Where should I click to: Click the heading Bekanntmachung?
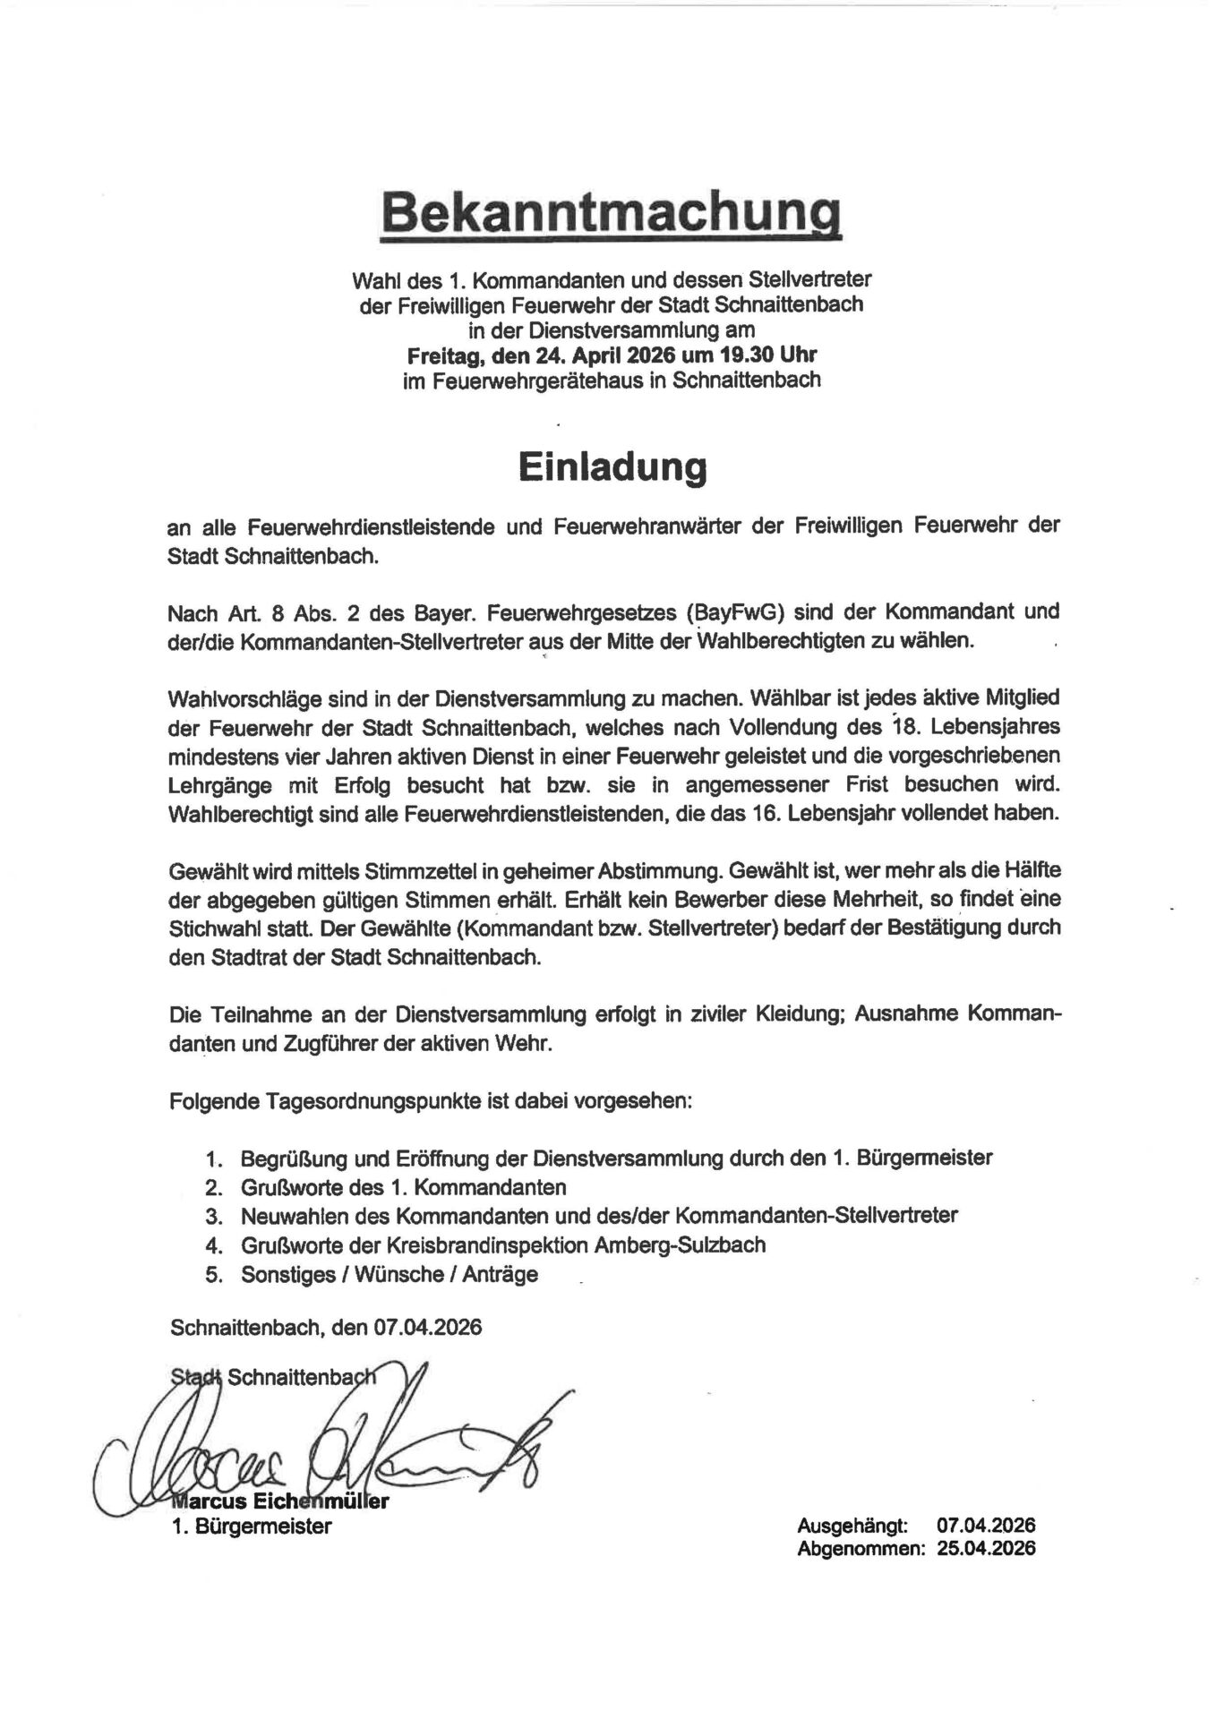tap(612, 217)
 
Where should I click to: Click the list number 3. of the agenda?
tap(213, 1217)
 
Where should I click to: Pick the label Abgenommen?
tap(861, 1549)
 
